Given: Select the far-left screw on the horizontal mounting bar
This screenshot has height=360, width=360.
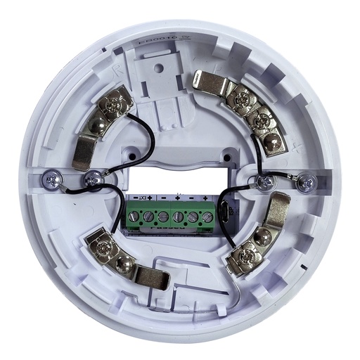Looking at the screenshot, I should pos(53,179).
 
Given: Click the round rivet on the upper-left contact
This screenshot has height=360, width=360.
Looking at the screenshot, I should pos(95,129).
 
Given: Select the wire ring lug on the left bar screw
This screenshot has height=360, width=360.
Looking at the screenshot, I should pos(91,181).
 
